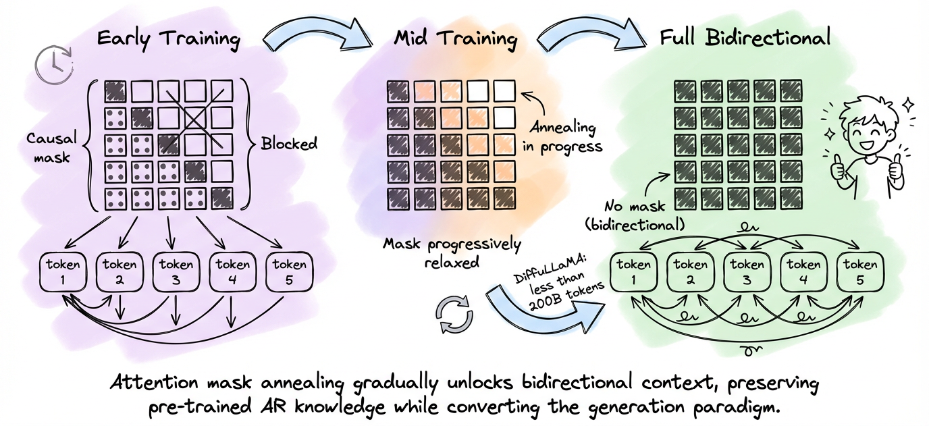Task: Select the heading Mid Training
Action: (x=456, y=38)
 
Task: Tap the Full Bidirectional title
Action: (x=744, y=38)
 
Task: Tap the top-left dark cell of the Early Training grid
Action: (x=115, y=90)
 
